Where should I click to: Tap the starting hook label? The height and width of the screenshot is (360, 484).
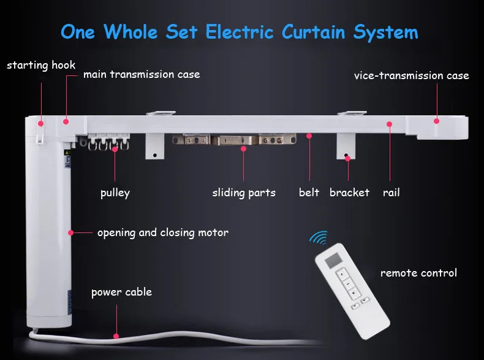click(41, 65)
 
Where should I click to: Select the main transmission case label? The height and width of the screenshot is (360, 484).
click(142, 75)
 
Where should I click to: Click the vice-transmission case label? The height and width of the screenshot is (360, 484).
click(411, 76)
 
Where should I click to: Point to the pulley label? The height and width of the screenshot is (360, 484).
click(115, 193)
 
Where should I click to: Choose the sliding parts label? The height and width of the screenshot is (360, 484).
click(244, 193)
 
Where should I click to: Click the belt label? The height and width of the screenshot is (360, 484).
click(309, 193)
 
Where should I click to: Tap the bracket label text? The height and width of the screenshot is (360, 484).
click(349, 193)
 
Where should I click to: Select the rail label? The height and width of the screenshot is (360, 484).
click(391, 193)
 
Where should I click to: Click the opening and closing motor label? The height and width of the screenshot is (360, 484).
click(162, 232)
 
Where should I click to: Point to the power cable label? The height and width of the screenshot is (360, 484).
click(121, 292)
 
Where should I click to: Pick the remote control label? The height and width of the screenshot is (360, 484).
click(418, 272)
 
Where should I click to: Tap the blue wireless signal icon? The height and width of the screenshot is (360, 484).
click(319, 239)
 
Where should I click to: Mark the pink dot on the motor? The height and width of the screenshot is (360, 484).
click(71, 232)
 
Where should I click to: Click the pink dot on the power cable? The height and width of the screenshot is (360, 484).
click(116, 335)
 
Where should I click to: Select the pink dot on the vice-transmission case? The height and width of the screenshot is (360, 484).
click(436, 120)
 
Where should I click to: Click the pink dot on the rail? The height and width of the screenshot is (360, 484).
click(389, 124)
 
